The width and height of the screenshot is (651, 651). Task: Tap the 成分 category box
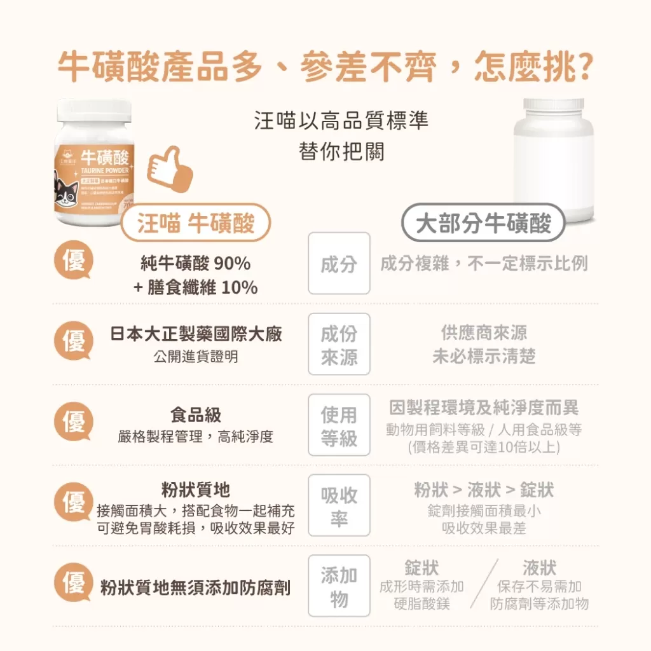(x=339, y=263)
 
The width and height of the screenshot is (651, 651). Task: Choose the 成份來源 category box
(x=339, y=344)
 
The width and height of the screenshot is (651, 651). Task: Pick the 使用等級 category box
(x=339, y=425)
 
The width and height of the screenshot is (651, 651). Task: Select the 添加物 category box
(x=339, y=586)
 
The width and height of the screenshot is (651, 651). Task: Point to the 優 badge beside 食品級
(x=74, y=420)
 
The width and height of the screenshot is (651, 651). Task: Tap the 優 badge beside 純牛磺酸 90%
(x=74, y=259)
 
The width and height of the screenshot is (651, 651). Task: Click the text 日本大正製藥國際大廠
(x=196, y=334)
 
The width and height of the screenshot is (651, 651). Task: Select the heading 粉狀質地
(x=196, y=490)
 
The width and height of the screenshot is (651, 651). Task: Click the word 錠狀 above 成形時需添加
(x=421, y=567)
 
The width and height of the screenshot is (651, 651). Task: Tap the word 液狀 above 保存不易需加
(x=539, y=567)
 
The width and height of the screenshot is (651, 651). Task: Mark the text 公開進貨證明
(x=196, y=357)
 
